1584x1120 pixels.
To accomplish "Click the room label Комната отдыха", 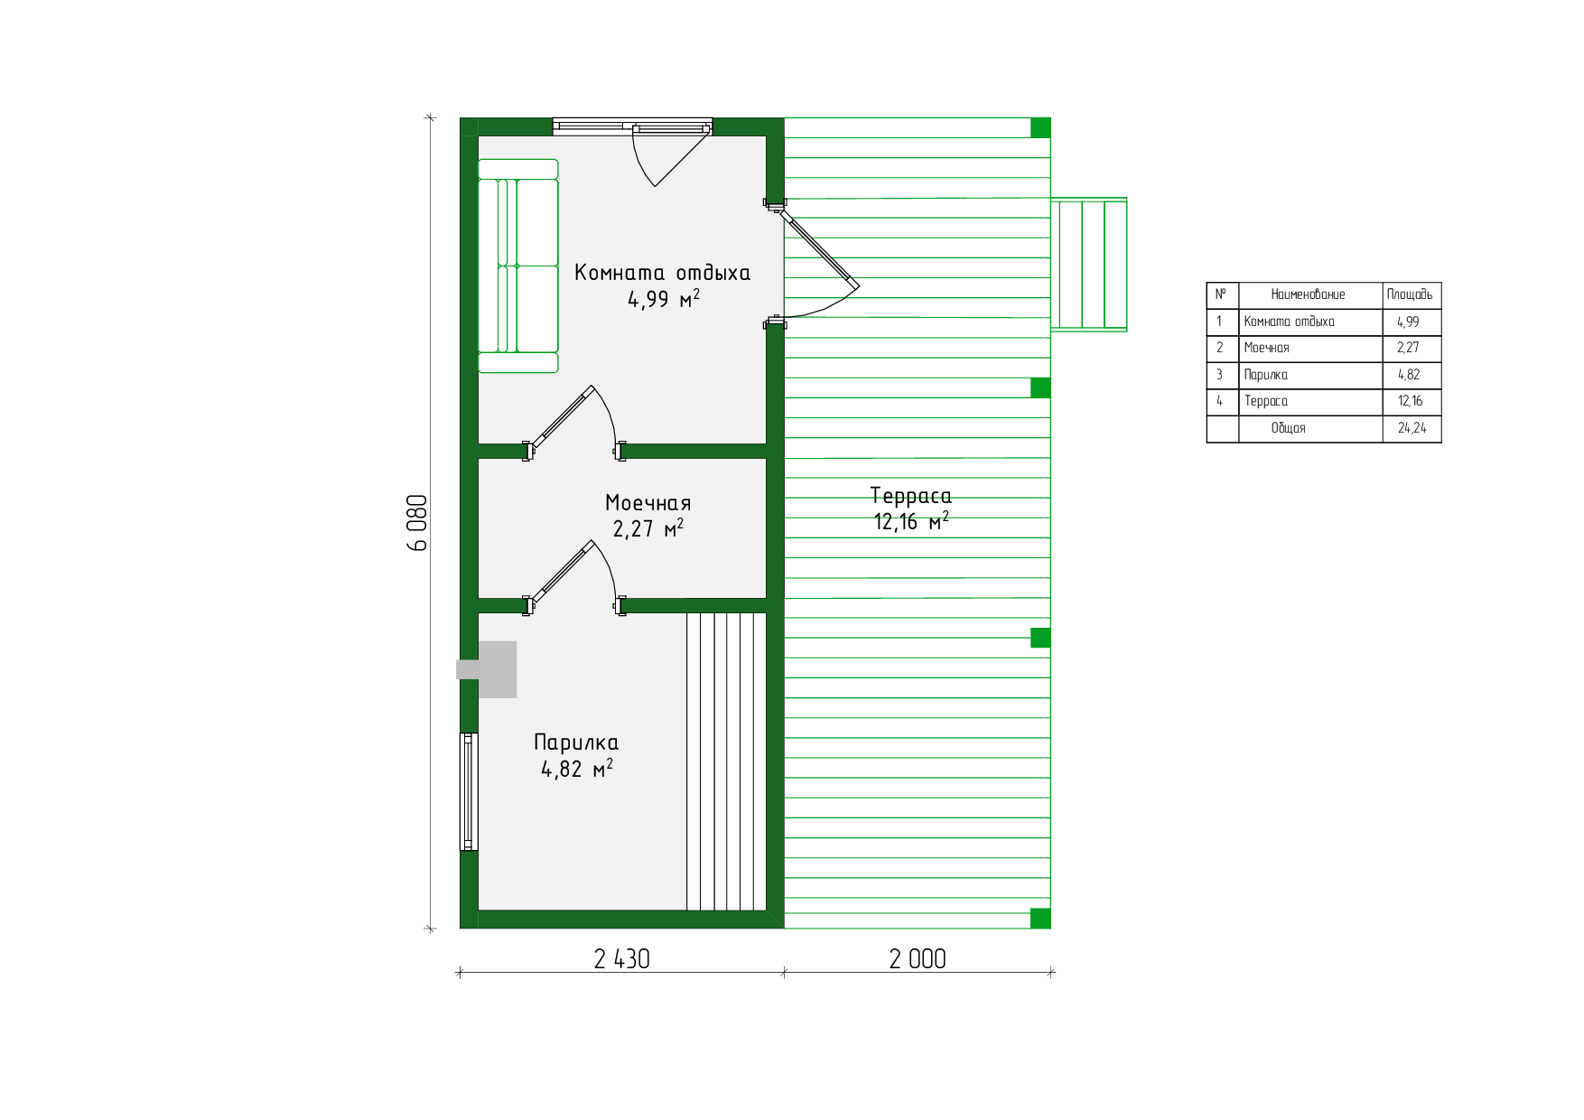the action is point(662,273).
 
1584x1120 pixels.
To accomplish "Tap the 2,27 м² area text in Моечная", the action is point(648,528).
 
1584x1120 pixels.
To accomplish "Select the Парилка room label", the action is point(576,742).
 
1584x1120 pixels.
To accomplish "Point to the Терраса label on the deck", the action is point(910,495).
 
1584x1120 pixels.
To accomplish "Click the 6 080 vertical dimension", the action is point(417,523).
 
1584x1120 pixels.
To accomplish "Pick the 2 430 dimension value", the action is point(621,959).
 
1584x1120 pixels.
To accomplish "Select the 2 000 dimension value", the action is point(918,959).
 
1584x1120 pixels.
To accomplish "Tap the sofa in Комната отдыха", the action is point(518,266).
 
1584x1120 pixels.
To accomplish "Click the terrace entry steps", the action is point(1089,265).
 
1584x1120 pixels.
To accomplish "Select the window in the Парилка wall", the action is point(469,791).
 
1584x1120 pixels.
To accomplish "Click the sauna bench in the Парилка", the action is point(726,761).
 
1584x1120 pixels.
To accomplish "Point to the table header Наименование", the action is point(1308,294).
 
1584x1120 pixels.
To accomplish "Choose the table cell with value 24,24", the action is point(1412,428).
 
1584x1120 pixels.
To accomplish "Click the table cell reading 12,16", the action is point(1410,401).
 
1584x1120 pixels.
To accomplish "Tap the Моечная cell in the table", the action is point(1266,348).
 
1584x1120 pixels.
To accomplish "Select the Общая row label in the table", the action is point(1288,428).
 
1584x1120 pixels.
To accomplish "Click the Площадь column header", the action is point(1410,294).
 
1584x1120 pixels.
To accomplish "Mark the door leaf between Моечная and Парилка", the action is point(562,572).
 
